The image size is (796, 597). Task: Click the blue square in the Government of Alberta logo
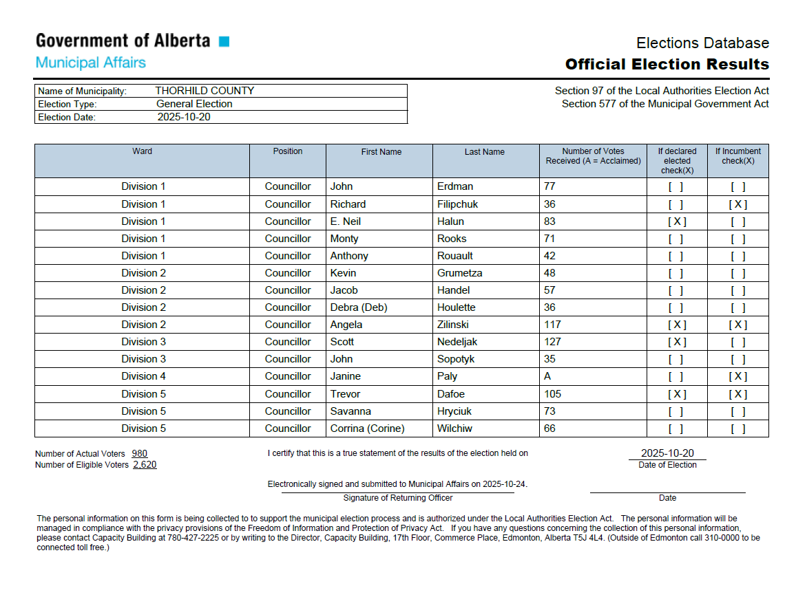pyautogui.click(x=224, y=41)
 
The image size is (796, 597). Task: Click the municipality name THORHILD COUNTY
pyautogui.click(x=205, y=91)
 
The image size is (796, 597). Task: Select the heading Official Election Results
pyautogui.click(x=667, y=65)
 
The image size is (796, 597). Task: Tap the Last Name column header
pyautogui.click(x=484, y=152)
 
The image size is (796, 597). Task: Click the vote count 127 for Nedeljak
pyautogui.click(x=552, y=342)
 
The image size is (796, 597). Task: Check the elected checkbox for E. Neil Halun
pyautogui.click(x=677, y=221)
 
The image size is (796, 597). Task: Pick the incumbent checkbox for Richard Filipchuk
pyautogui.click(x=737, y=204)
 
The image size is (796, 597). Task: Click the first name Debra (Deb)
pyautogui.click(x=359, y=307)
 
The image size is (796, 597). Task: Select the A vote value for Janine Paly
pyautogui.click(x=547, y=376)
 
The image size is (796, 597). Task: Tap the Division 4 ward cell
pyautogui.click(x=143, y=376)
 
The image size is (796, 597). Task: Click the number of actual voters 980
pyautogui.click(x=140, y=454)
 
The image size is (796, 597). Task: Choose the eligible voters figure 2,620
pyautogui.click(x=145, y=465)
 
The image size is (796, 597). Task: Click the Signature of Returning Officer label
pyautogui.click(x=397, y=498)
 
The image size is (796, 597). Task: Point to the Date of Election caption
pyautogui.click(x=667, y=465)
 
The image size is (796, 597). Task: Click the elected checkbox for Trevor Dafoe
pyautogui.click(x=677, y=394)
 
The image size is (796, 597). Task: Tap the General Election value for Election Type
pyautogui.click(x=194, y=104)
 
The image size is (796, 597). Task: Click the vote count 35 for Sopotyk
pyautogui.click(x=549, y=359)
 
